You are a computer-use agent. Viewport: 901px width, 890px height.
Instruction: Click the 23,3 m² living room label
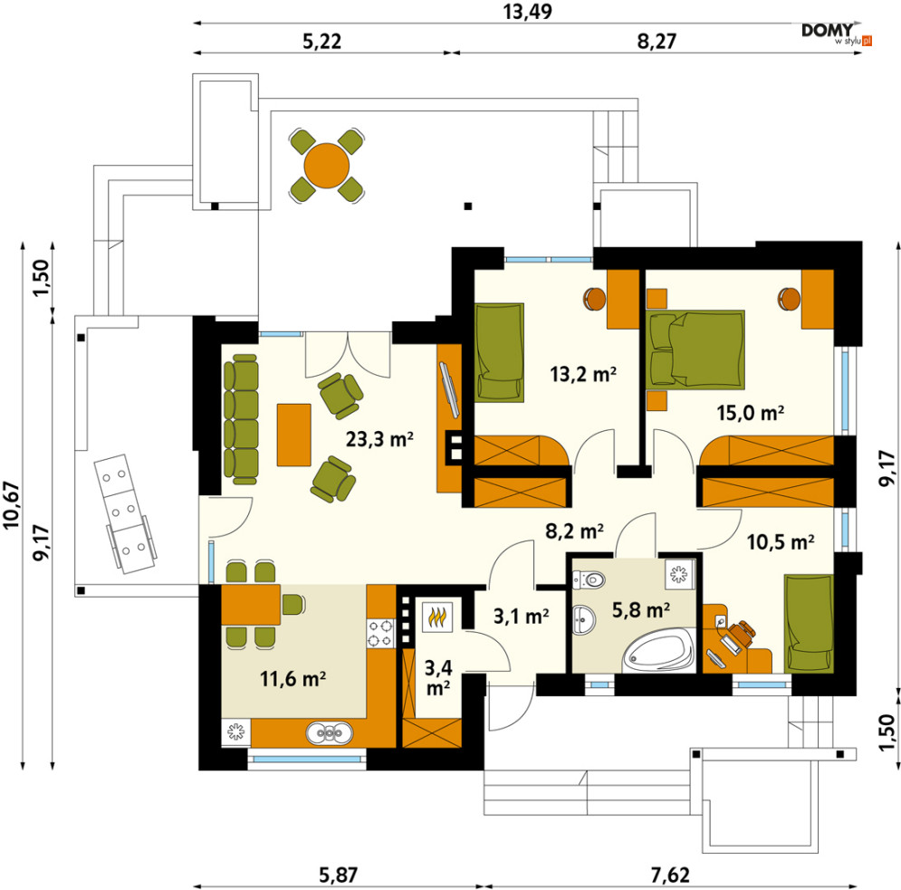click(x=379, y=439)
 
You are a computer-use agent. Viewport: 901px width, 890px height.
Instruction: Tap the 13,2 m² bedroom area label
click(x=583, y=375)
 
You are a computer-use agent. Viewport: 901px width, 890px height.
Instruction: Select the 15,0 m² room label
click(x=751, y=413)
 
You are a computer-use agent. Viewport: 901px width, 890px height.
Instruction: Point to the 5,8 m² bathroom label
click(x=641, y=609)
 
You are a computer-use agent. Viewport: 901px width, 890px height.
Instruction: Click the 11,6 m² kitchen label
click(x=293, y=679)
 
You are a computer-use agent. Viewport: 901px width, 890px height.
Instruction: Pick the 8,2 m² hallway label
click(x=574, y=531)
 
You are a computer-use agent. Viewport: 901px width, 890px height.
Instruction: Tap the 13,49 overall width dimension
click(x=528, y=12)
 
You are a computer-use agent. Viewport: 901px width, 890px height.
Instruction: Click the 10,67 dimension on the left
click(x=12, y=505)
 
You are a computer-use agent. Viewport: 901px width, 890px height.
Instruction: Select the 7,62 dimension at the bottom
click(x=670, y=876)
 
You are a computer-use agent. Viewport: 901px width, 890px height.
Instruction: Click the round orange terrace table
click(x=326, y=166)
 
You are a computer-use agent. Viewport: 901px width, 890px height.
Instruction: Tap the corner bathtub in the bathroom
click(x=659, y=651)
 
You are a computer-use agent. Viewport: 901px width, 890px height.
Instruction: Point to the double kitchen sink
click(x=330, y=733)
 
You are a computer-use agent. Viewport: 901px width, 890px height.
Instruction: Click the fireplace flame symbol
click(x=440, y=617)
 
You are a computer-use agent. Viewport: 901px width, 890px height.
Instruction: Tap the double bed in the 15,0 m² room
click(x=695, y=349)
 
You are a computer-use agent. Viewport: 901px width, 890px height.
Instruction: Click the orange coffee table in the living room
click(x=294, y=435)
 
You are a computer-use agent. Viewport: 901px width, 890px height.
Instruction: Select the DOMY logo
click(x=837, y=33)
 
